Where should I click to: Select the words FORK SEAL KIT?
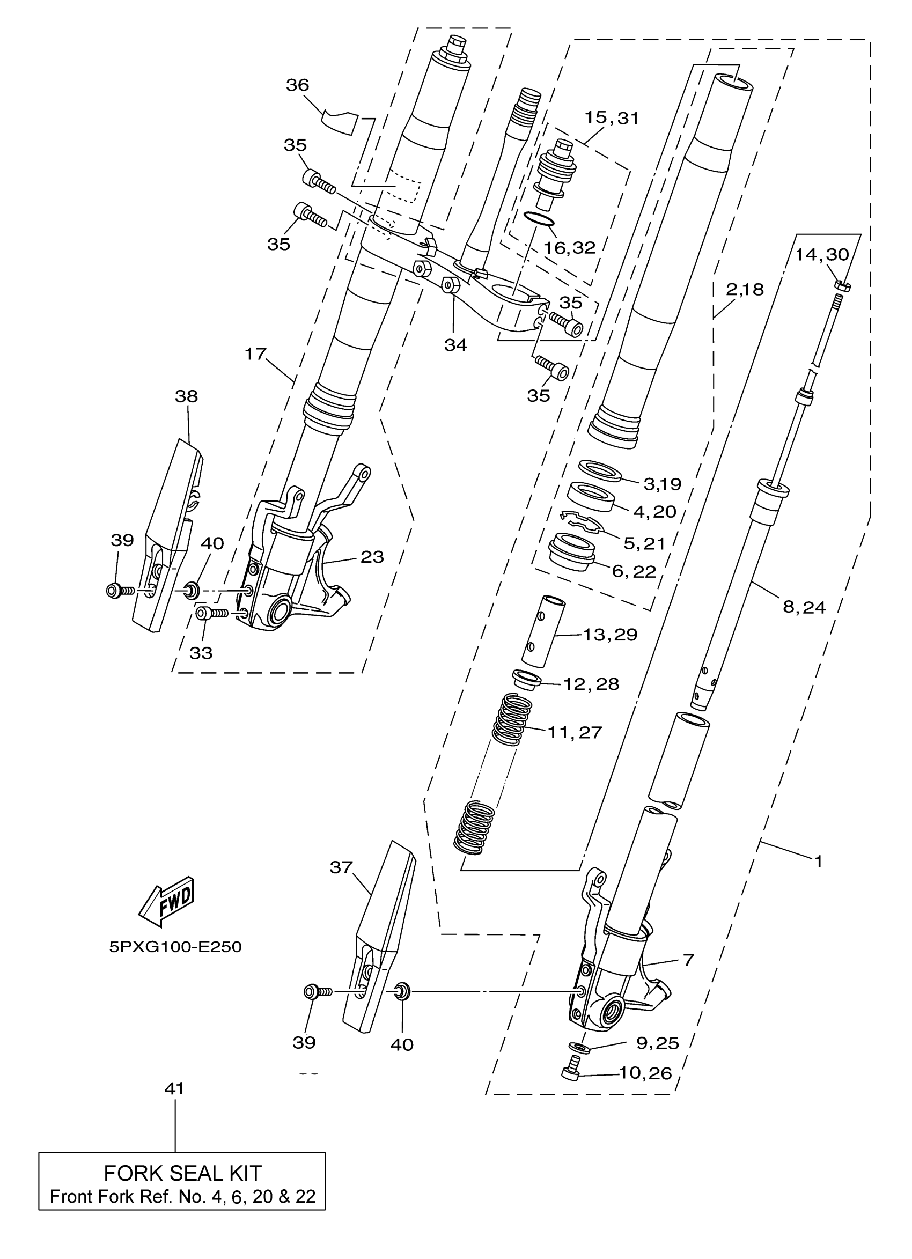182,1173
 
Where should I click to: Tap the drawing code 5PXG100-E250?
175,946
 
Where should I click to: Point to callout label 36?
297,85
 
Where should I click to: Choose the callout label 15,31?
612,117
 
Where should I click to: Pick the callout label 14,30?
821,255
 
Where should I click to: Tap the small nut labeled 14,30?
842,286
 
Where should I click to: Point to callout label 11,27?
575,732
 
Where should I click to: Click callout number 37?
341,867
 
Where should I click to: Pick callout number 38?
186,396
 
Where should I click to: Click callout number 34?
455,345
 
